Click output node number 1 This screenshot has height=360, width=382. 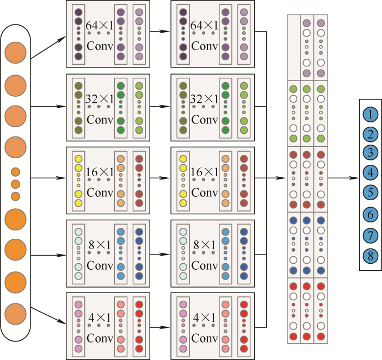pyautogui.click(x=370, y=115)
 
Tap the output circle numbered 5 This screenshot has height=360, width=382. pyautogui.click(x=370, y=192)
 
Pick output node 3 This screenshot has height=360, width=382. pyautogui.click(x=370, y=152)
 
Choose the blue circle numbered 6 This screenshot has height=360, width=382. pyautogui.click(x=370, y=215)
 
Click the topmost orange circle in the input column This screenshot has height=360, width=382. pyautogui.click(x=15, y=54)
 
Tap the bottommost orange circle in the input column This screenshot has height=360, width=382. pyautogui.click(x=15, y=314)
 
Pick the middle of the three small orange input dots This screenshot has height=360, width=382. pyautogui.click(x=15, y=184)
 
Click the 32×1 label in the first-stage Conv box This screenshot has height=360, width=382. pyautogui.click(x=97, y=99)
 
